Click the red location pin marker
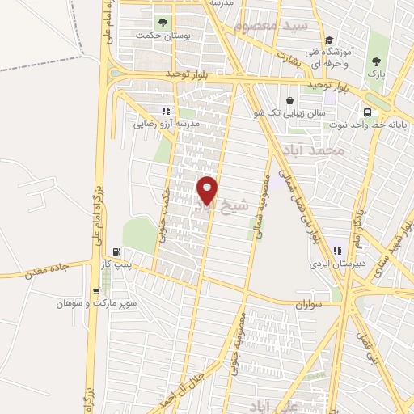pyautogui.click(x=208, y=189)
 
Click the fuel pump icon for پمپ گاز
pyautogui.click(x=118, y=251)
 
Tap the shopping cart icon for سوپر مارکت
pyautogui.click(x=96, y=291)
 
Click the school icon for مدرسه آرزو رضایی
pyautogui.click(x=166, y=112)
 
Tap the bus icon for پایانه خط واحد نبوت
pyautogui.click(x=368, y=112)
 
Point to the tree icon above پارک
pyautogui.click(x=374, y=61)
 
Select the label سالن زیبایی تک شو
pyautogui.click(x=294, y=113)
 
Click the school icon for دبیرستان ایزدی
pyautogui.click(x=336, y=251)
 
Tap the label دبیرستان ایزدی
pyautogui.click(x=335, y=264)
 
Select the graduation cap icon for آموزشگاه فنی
pyautogui.click(x=329, y=40)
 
